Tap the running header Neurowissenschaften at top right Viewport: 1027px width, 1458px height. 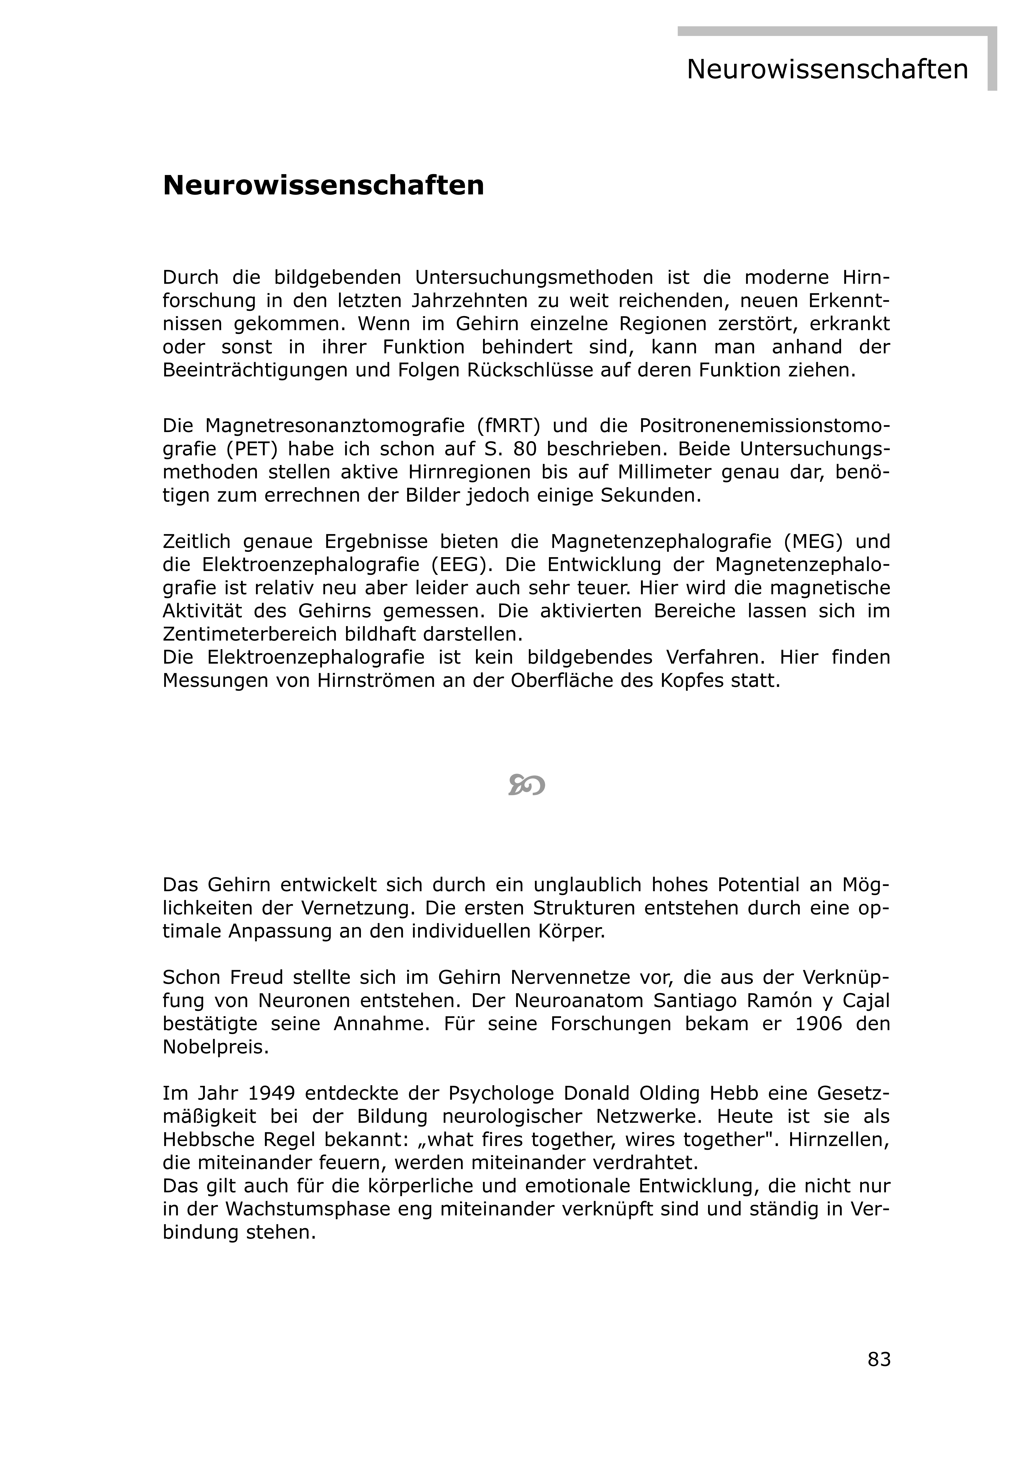point(827,69)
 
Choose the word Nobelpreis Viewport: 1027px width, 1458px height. point(216,1047)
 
